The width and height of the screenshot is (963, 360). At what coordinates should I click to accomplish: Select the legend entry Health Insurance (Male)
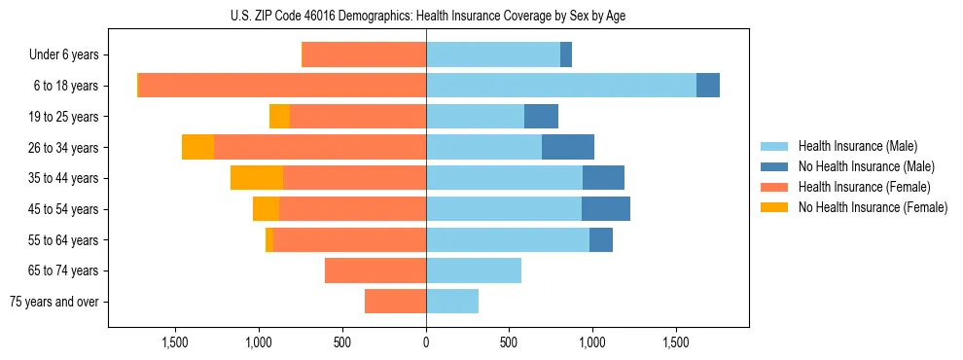click(857, 146)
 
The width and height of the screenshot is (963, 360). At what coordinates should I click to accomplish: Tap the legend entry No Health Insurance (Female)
click(873, 207)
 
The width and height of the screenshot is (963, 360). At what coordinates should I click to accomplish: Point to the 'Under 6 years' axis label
click(64, 55)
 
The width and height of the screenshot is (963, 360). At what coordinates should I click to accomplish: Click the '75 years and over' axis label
click(54, 302)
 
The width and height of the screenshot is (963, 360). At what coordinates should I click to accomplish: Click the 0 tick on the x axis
click(426, 342)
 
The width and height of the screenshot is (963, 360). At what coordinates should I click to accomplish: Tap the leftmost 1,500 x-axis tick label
click(175, 342)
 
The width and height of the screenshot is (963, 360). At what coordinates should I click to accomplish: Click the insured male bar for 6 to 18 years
click(561, 86)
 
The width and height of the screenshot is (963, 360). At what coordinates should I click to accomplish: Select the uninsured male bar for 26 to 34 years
click(568, 147)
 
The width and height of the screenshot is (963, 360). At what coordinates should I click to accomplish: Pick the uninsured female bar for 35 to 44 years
click(257, 178)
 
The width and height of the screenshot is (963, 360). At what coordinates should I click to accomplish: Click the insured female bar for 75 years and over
click(395, 302)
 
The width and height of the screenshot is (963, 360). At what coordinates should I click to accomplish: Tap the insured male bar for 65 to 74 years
click(474, 270)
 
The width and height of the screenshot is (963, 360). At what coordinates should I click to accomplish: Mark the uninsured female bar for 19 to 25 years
click(279, 117)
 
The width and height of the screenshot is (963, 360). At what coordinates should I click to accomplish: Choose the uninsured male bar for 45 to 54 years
click(606, 209)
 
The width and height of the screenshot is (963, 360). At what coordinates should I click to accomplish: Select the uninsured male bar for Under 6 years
click(566, 55)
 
